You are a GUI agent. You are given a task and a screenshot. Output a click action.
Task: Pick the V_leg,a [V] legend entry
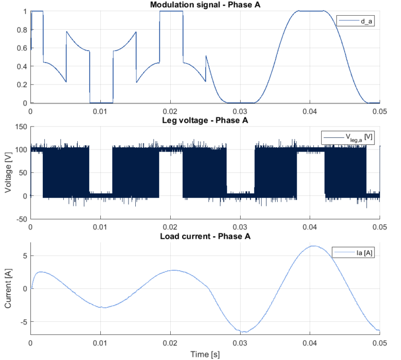point(349,137)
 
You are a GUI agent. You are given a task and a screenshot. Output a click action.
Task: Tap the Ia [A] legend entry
point(355,253)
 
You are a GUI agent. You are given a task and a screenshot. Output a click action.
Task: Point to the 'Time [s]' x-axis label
point(205,354)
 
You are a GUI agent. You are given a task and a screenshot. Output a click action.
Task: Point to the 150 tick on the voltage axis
point(20,127)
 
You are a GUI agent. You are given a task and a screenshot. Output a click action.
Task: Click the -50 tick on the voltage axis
point(20,219)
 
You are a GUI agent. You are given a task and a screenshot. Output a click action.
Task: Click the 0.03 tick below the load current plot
point(240,343)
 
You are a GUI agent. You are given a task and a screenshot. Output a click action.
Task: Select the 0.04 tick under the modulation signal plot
point(310,111)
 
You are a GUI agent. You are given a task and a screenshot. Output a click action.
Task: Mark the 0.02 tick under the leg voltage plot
point(170,227)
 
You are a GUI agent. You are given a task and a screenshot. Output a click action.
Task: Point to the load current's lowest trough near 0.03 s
point(243,332)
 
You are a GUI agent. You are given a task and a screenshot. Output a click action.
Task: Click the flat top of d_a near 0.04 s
point(310,11)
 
